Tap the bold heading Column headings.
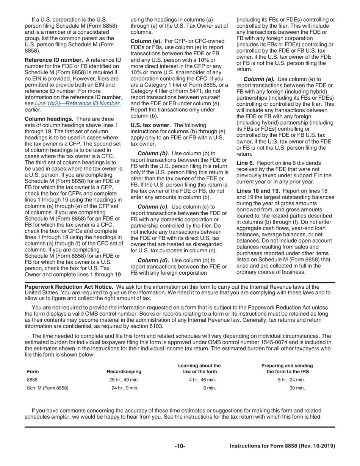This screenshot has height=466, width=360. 49,119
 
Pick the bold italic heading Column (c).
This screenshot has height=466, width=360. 153,206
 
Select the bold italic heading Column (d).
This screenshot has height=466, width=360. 153,260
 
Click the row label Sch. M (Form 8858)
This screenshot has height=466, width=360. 48,388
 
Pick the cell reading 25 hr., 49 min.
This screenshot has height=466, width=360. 124,380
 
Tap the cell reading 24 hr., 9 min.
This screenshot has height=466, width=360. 125,388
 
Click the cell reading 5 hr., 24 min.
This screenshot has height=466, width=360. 291,380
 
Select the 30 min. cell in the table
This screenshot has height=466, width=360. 297,388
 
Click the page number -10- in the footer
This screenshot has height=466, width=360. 180,446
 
